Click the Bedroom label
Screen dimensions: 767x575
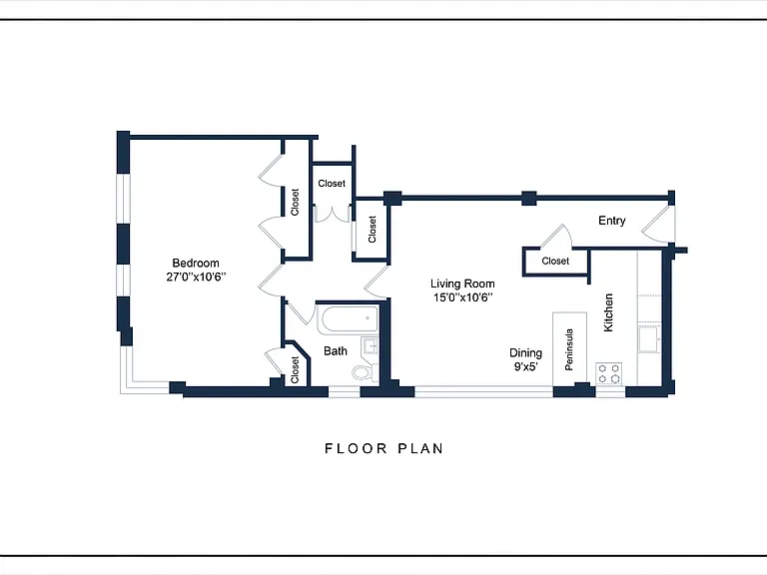[196, 264]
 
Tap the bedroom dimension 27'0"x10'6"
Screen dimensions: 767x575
[196, 278]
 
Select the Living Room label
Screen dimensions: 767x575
[462, 284]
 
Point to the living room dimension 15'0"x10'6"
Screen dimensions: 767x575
[462, 297]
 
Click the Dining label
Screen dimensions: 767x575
[526, 353]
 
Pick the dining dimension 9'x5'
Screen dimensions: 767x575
[526, 366]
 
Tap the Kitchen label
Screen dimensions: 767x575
[608, 312]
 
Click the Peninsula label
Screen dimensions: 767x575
[569, 349]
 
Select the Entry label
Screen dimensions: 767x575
[612, 221]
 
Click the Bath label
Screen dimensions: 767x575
[336, 351]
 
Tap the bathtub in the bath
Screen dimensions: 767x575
[348, 320]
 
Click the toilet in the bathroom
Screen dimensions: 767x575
[365, 372]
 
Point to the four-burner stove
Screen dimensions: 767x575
[609, 374]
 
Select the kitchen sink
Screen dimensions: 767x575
[649, 338]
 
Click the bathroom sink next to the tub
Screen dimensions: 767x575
[371, 346]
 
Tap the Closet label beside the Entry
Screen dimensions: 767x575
[555, 262]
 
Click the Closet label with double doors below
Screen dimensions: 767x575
[332, 184]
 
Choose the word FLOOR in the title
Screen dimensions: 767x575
[357, 448]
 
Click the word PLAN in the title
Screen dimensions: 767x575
[420, 448]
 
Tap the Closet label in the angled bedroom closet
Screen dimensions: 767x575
[295, 370]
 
